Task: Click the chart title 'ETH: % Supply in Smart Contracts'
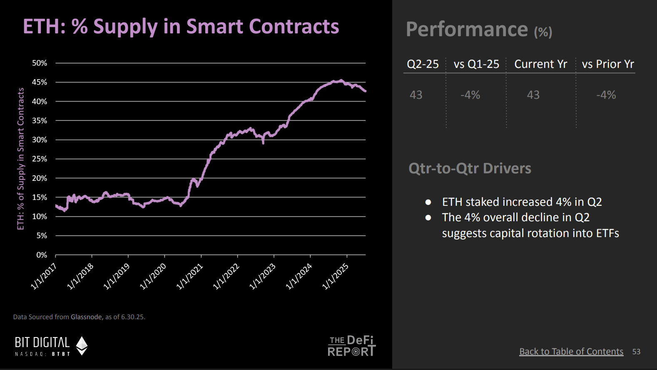pyautogui.click(x=181, y=27)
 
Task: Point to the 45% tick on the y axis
pyautogui.click(x=40, y=82)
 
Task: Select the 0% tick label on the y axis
pyautogui.click(x=42, y=255)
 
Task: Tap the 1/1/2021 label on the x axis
pyautogui.click(x=189, y=276)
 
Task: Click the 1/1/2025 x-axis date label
pyautogui.click(x=335, y=276)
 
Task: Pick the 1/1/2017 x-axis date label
pyautogui.click(x=44, y=276)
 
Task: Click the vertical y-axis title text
pyautogui.click(x=21, y=159)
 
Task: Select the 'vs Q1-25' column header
pyautogui.click(x=476, y=64)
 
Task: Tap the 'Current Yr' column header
pyautogui.click(x=540, y=64)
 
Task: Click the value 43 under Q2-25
pyautogui.click(x=416, y=95)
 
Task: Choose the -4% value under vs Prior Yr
pyautogui.click(x=606, y=95)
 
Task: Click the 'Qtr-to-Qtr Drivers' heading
pyautogui.click(x=470, y=168)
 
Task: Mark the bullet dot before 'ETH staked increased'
pyautogui.click(x=428, y=202)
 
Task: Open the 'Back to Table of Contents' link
pyautogui.click(x=571, y=352)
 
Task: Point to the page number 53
pyautogui.click(x=636, y=352)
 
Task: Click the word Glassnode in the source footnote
pyautogui.click(x=86, y=317)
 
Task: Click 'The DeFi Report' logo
pyautogui.click(x=351, y=346)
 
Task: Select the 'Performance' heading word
pyautogui.click(x=467, y=30)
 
